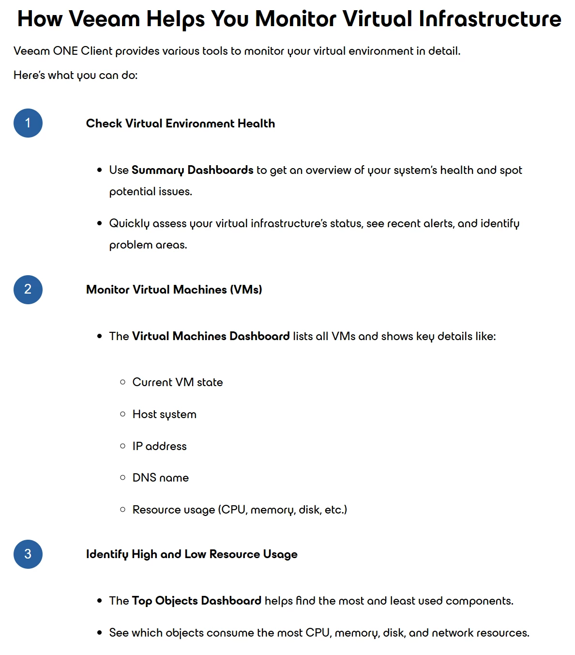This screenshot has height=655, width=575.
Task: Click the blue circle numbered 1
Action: coord(28,123)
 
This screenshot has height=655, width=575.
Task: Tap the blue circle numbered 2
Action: coord(28,290)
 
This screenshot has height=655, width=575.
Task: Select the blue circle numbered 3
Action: coord(28,554)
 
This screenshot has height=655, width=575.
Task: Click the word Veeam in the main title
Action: coord(104,19)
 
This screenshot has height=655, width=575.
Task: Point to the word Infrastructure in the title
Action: coord(490,19)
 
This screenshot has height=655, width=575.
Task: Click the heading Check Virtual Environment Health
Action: coord(181,124)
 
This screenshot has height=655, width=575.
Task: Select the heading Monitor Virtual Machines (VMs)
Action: coord(174,290)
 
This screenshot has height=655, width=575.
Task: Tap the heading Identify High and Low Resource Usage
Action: coord(192,554)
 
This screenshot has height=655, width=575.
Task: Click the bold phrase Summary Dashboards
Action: coord(192,170)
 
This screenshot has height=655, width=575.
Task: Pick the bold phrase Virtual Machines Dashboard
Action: coord(211,336)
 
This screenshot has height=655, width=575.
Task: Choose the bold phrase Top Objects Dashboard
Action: coord(197,601)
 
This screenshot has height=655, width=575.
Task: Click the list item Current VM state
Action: coord(178,382)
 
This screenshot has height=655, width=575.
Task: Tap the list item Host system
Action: coord(165,414)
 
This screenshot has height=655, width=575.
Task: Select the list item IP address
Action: coord(159,446)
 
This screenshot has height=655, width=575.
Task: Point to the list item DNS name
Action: coord(161,478)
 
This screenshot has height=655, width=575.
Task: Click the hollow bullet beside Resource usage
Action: coord(122,509)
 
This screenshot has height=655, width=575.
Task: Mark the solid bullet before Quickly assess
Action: coord(100,223)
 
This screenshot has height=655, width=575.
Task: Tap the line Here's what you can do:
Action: coord(76,75)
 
